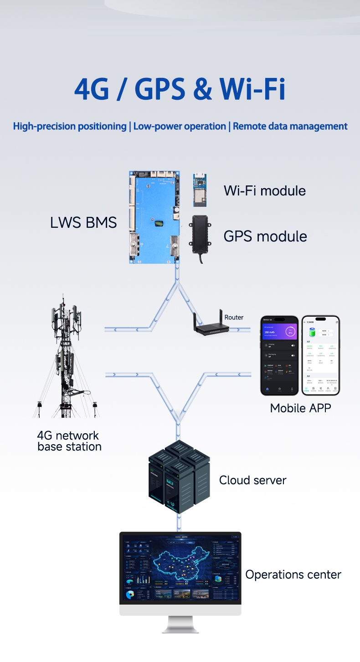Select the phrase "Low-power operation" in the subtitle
coord(180,126)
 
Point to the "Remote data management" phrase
coord(290,126)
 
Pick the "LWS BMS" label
coord(83,222)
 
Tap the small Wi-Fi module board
coord(199,190)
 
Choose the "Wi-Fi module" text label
coord(265,190)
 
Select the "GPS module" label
coord(265,236)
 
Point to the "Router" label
coord(234,317)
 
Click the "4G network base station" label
coord(69,441)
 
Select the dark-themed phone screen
coord(279,355)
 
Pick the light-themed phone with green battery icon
coord(320,355)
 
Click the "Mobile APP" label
coord(300,408)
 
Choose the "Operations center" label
coord(293,575)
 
